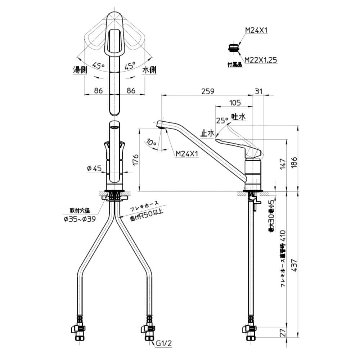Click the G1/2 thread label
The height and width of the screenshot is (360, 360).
(x=165, y=344)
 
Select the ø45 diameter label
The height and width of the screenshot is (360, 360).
(x=94, y=168)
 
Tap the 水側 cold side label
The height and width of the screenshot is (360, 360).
(x=149, y=70)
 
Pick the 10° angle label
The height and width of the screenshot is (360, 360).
(x=152, y=143)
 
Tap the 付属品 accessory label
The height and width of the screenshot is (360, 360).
(x=234, y=65)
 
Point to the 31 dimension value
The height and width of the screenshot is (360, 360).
(x=259, y=91)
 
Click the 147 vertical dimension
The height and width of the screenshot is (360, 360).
(x=282, y=164)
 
